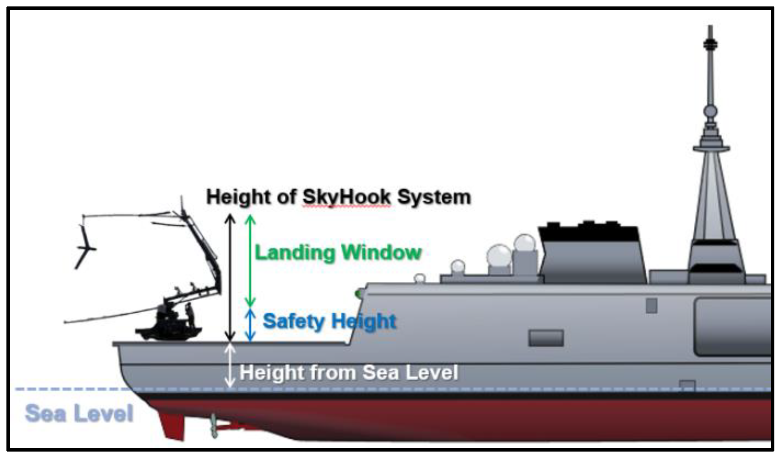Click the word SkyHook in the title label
click(346, 197)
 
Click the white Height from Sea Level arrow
click(230, 365)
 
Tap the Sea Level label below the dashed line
click(79, 413)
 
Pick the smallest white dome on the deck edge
click(420, 278)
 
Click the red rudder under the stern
click(172, 427)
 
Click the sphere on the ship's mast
click(710, 111)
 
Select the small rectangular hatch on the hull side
click(546, 338)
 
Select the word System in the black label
click(434, 197)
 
